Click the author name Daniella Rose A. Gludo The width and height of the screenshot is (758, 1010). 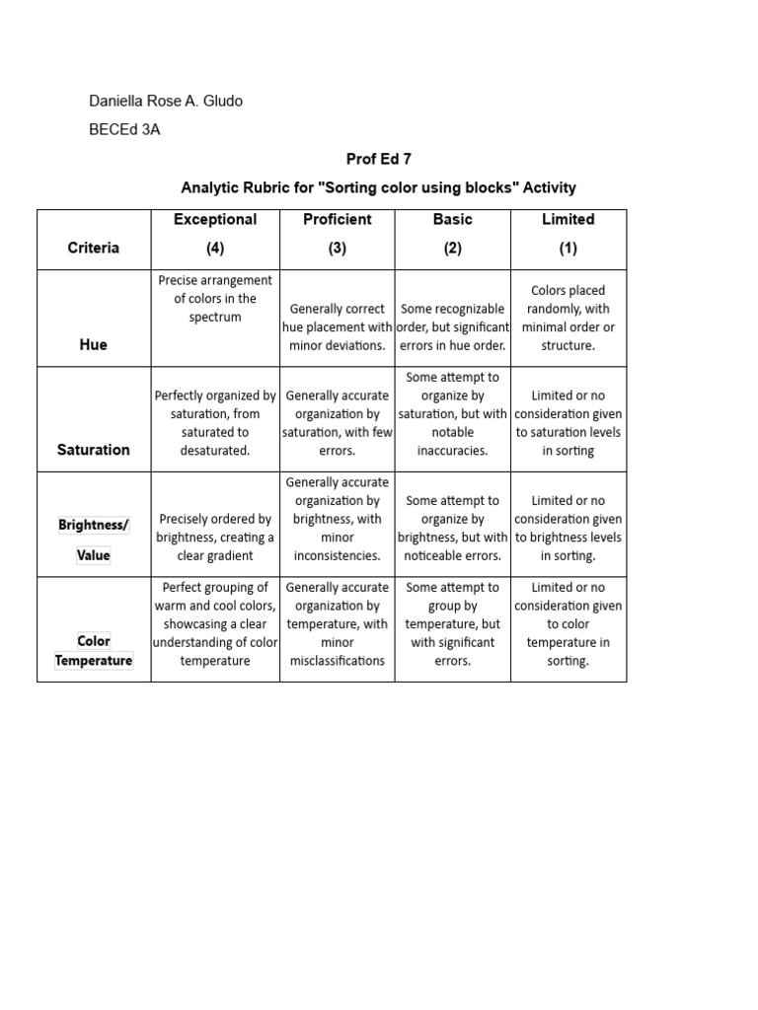tap(166, 101)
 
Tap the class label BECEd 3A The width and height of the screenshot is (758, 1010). tap(124, 130)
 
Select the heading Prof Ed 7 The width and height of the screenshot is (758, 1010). tap(378, 160)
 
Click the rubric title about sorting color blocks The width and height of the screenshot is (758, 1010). tap(378, 187)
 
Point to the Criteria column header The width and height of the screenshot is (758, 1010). tap(94, 248)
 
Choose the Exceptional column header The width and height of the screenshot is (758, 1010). tap(215, 219)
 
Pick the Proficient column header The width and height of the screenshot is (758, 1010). tap(338, 219)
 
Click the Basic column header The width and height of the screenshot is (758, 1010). tap(452, 219)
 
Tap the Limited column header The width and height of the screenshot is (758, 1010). tap(568, 219)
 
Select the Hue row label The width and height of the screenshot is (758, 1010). tap(94, 345)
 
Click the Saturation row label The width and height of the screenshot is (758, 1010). tap(94, 450)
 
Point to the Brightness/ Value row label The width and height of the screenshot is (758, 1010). tap(94, 540)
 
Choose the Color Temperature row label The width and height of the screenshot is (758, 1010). tap(94, 651)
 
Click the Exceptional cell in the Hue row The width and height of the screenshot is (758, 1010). tap(215, 299)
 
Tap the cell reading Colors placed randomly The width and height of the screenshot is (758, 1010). tap(568, 318)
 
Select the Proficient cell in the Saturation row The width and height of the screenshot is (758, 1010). tap(338, 422)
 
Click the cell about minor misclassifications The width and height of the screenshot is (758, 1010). tap(338, 623)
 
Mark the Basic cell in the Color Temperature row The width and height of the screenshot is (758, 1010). tap(452, 623)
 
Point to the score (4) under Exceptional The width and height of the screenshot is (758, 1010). tap(215, 249)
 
